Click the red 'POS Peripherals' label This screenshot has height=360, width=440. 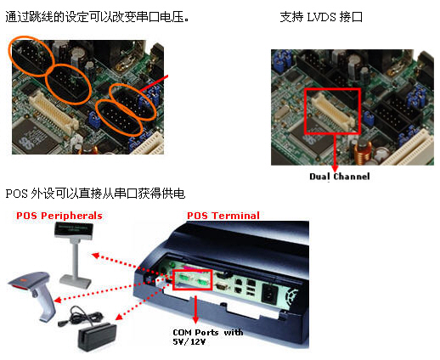point(59,216)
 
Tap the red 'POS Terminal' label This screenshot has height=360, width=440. point(223,216)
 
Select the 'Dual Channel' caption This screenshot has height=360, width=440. point(340,177)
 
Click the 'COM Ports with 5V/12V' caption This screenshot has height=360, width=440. point(208,337)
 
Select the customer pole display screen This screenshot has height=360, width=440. point(74,230)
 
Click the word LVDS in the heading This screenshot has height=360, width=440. point(321,18)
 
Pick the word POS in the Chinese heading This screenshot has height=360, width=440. point(16,194)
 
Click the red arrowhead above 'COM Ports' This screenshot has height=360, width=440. point(195,319)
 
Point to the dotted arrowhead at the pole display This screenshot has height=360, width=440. point(96,256)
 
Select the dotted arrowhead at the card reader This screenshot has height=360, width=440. point(119,317)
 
